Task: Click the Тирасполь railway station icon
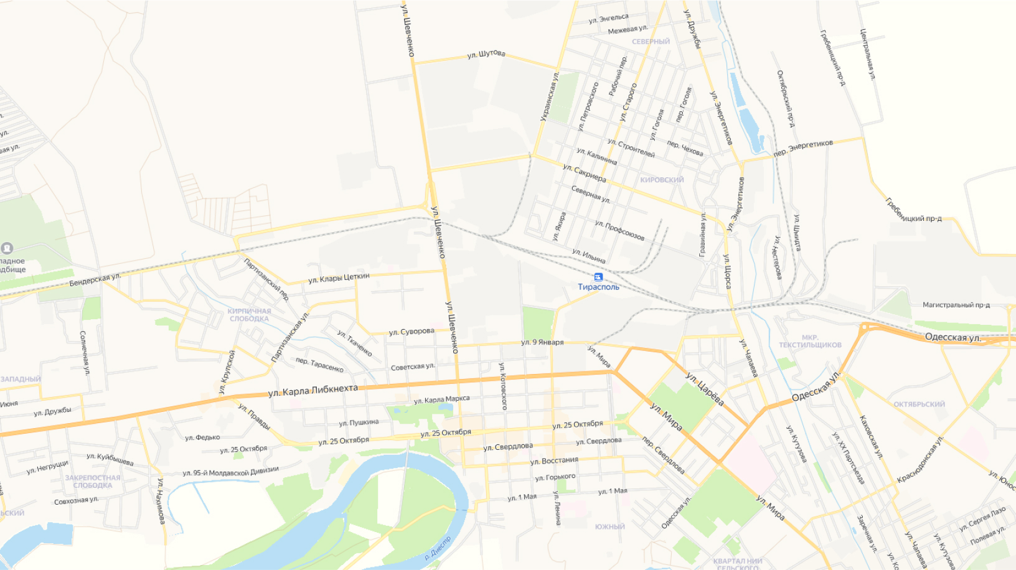(x=598, y=277)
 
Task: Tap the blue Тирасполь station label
(x=598, y=287)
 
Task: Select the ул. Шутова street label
(x=486, y=54)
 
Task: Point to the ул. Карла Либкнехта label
(x=313, y=390)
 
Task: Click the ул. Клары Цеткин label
(x=339, y=278)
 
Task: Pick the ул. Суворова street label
(x=412, y=332)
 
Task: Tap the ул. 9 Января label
(x=542, y=342)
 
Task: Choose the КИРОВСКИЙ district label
(x=662, y=180)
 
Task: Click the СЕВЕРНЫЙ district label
(x=651, y=42)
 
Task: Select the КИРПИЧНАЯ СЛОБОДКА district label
(x=249, y=315)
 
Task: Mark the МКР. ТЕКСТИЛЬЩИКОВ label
(x=810, y=341)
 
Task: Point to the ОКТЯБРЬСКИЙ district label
(x=919, y=404)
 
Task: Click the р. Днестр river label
(x=438, y=548)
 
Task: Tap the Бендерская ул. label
(x=95, y=279)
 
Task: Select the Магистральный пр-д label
(x=956, y=305)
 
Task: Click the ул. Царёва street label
(x=705, y=388)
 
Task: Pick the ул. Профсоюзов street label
(x=619, y=230)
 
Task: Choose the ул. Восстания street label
(x=554, y=461)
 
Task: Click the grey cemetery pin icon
(x=7, y=248)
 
